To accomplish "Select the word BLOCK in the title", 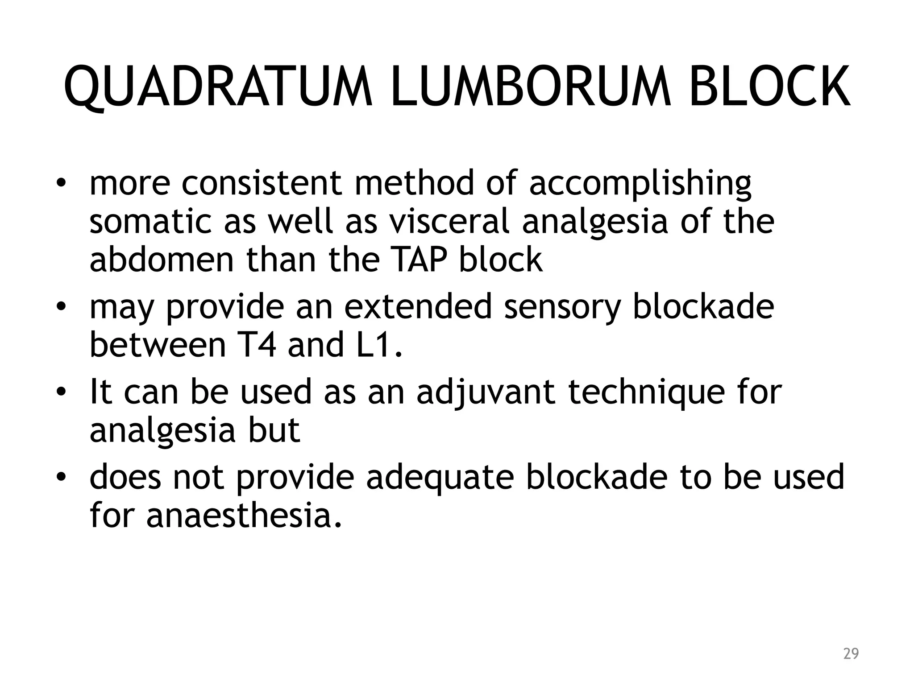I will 769,87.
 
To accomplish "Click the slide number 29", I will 851,654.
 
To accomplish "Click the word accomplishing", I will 640,184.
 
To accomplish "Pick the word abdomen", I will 162,260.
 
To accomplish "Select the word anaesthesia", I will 244,516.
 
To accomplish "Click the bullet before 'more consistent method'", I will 61,184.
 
